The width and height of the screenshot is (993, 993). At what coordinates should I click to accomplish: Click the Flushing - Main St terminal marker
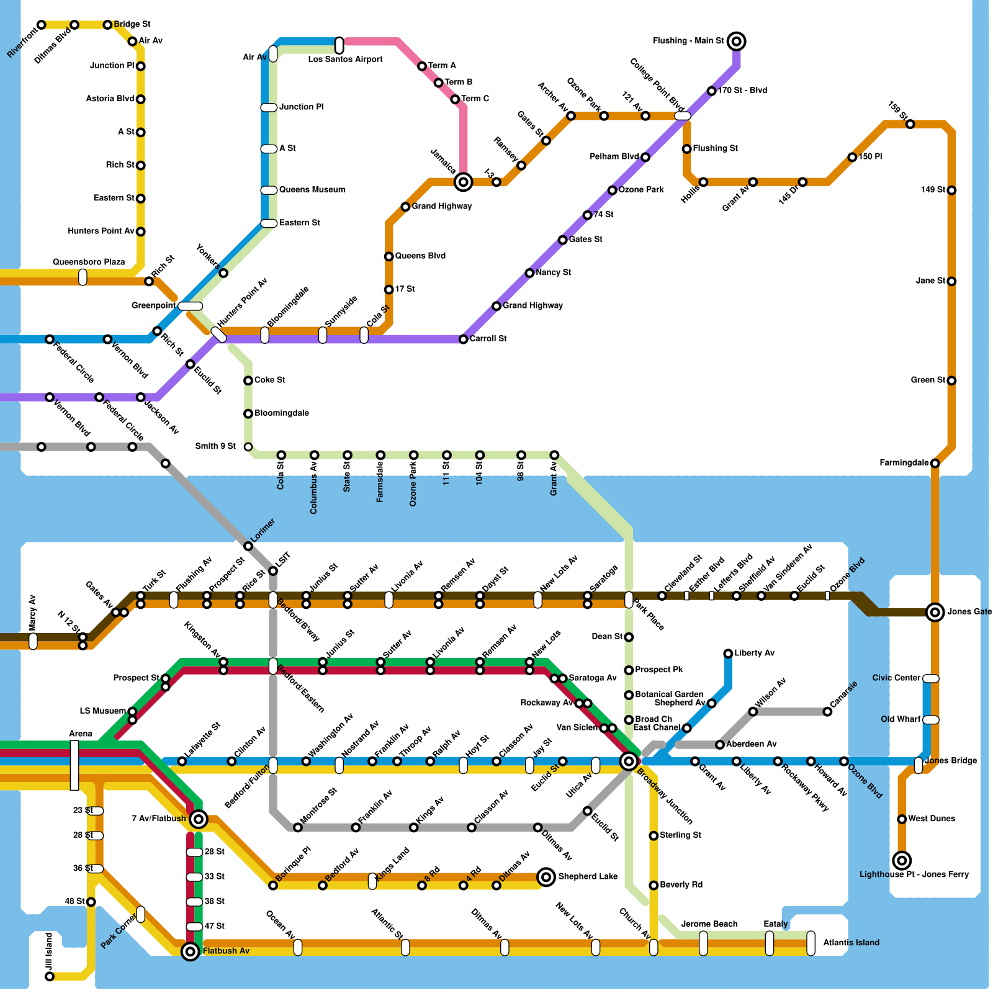[736, 42]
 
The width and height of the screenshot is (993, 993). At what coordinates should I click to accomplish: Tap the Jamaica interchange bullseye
[463, 182]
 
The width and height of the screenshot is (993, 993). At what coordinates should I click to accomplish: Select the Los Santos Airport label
[345, 60]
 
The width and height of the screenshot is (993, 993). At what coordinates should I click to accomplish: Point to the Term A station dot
[422, 66]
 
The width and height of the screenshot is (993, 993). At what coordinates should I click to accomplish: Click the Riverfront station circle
[41, 25]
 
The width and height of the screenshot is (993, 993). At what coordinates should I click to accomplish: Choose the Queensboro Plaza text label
[89, 262]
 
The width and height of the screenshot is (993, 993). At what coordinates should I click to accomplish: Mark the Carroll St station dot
[463, 339]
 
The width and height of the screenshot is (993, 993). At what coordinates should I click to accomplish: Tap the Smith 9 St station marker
[248, 447]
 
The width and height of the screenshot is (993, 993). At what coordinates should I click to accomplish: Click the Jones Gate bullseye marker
[935, 612]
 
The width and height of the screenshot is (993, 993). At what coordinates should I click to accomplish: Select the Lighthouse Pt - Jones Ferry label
[914, 874]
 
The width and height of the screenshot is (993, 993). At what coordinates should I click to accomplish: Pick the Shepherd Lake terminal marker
[546, 877]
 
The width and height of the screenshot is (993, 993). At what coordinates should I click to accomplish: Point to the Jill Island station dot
[50, 977]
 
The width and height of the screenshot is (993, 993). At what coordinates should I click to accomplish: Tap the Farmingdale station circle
[935, 463]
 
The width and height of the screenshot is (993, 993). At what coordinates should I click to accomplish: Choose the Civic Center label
[896, 678]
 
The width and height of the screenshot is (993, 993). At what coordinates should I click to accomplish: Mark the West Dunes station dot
[902, 819]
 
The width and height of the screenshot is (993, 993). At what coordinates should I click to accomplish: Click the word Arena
[81, 734]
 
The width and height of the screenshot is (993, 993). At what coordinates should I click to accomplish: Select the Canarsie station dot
[827, 711]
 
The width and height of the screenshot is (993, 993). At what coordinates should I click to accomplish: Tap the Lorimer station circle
[248, 546]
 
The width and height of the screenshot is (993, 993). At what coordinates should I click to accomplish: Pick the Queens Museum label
[312, 190]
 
